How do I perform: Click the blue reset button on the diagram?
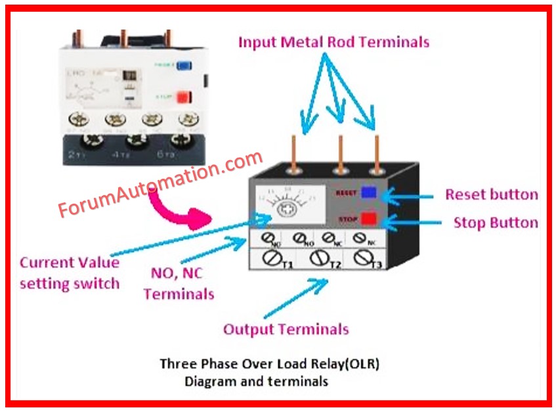click(x=369, y=193)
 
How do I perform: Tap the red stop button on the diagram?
click(x=368, y=219)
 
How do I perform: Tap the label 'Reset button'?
click(x=491, y=195)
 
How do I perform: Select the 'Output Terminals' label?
click(x=286, y=329)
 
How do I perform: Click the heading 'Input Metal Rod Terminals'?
click(x=333, y=42)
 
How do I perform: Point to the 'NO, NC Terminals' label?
click(x=178, y=285)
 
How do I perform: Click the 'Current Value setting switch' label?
click(x=70, y=273)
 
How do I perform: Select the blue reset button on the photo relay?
click(x=184, y=66)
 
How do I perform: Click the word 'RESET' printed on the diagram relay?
click(x=345, y=193)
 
